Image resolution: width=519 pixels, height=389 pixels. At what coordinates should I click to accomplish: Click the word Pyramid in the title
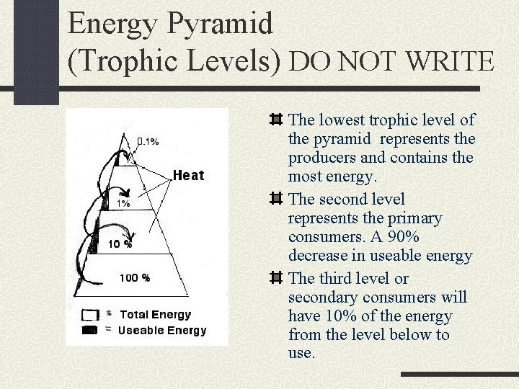221,23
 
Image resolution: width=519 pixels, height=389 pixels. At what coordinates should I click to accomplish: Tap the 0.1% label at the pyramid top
148,141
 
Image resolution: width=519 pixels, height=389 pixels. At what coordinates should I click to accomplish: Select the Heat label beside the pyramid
189,175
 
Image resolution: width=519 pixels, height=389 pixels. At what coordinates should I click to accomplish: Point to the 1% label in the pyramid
124,204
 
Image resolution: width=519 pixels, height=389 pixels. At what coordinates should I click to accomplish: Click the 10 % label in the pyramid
120,243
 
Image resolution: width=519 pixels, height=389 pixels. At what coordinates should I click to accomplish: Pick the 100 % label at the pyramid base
135,277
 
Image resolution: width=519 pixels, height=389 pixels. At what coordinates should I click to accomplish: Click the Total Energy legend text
155,314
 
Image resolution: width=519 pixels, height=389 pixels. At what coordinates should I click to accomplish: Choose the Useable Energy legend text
162,330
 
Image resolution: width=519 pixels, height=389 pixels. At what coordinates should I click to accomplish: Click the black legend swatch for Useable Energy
90,331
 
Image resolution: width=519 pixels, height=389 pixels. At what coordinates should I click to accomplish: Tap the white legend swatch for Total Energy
90,315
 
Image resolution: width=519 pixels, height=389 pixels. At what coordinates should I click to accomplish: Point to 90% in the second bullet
387,236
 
